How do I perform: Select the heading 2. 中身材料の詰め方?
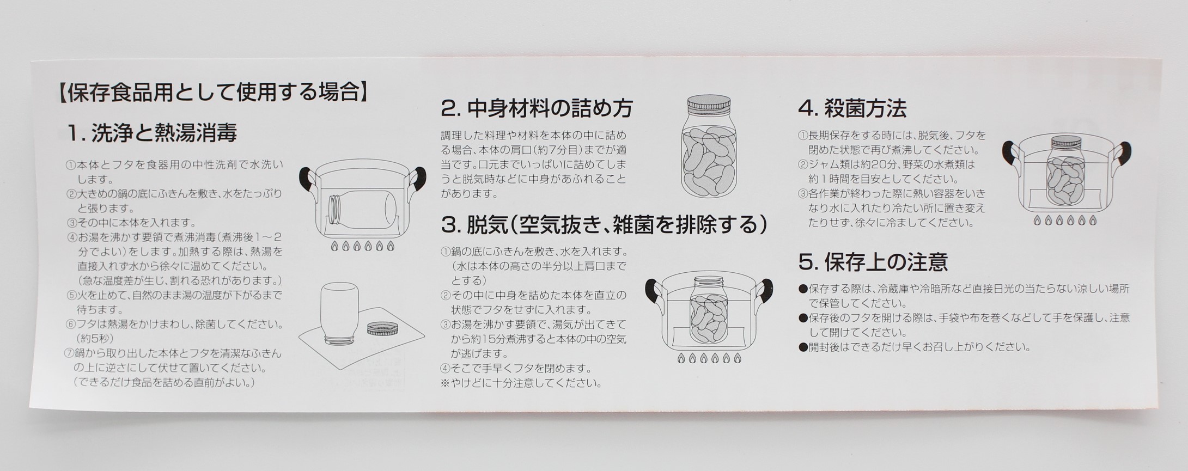pos(537,108)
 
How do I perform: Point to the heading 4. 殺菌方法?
pos(852,108)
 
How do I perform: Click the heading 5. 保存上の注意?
pos(873,262)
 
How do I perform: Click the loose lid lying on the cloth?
pos(382,329)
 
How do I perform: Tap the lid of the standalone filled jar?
pos(709,104)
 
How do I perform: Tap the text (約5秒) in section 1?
pos(93,338)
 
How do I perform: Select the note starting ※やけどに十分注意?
pos(521,383)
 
